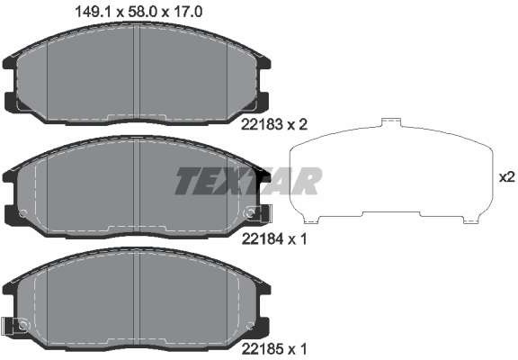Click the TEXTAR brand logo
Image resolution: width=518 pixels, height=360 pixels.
coord(247,181)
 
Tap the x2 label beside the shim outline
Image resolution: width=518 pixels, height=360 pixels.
coord(506,176)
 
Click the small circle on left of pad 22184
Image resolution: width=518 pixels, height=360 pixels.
coord(22,214)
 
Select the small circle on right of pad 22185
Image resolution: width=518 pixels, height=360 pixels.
coord(247,325)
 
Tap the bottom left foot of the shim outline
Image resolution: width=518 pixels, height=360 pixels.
coord(309,219)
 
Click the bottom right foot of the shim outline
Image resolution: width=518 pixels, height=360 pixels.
coord(469,219)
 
